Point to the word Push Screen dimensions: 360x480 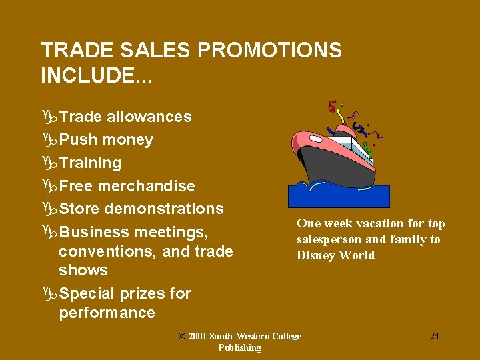tap(78, 140)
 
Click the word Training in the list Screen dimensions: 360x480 tap(90, 163)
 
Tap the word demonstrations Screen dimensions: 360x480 tap(164, 209)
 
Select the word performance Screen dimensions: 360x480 tap(107, 313)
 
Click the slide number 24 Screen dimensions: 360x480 tap(434, 336)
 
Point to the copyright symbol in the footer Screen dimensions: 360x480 tap(182, 336)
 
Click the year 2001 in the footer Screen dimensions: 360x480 tap(199, 336)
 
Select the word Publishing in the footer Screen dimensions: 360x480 tap(239, 347)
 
